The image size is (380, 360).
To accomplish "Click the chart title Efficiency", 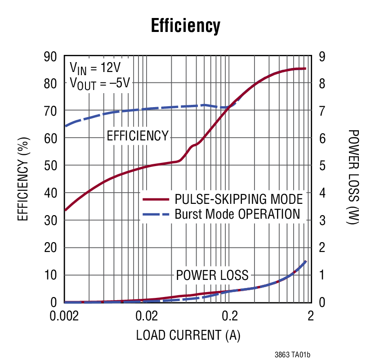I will coord(186,26).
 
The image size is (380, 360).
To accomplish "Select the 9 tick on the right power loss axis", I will coord(322,57).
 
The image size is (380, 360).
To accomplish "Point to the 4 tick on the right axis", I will coord(322,193).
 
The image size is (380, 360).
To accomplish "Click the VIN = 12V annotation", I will coord(95,68).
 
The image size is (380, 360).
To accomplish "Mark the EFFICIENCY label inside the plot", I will coord(137,135).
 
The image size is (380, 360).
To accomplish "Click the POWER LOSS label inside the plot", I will coord(212,274).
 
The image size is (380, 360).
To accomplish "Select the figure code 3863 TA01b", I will coord(292,355).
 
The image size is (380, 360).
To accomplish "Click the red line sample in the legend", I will coord(156,199).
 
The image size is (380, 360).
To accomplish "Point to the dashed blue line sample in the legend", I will coord(156,214).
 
